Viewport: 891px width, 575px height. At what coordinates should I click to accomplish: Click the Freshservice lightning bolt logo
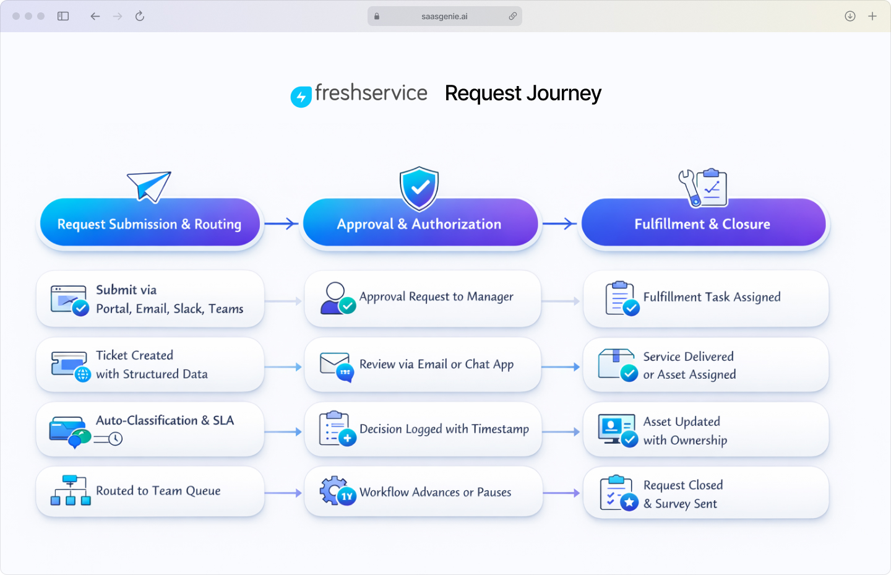pos(301,97)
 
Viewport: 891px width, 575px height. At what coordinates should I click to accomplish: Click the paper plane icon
pos(149,186)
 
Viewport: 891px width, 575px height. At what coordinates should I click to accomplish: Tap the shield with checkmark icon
pos(419,188)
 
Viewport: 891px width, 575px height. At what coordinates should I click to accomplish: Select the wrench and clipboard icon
pos(703,187)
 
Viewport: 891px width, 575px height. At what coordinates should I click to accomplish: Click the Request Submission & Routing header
pos(149,223)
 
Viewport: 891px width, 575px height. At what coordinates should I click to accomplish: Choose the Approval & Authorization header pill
pos(419,223)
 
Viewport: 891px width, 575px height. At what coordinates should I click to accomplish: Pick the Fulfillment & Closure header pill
pos(702,223)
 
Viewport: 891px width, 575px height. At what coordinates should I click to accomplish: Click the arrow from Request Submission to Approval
pos(282,223)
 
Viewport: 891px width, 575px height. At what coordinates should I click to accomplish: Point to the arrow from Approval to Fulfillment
pos(559,223)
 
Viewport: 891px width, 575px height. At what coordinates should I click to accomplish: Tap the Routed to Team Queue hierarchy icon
pos(71,491)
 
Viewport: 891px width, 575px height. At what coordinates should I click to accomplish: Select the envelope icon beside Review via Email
pos(335,363)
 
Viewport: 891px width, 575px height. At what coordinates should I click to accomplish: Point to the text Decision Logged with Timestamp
pos(444,429)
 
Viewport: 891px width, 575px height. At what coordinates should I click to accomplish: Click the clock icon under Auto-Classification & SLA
pos(115,439)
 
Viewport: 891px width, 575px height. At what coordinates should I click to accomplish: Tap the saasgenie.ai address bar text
pos(444,17)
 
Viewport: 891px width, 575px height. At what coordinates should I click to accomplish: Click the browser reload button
pos(140,16)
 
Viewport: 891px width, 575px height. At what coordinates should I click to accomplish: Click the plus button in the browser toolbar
pos(872,16)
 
